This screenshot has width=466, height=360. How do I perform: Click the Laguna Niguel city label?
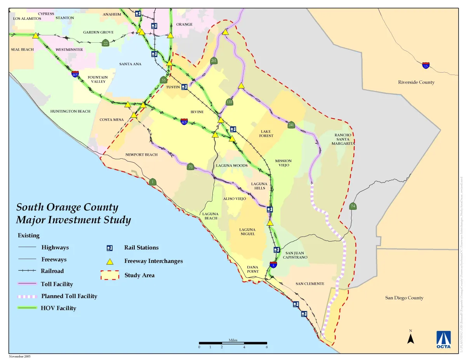click(x=247, y=231)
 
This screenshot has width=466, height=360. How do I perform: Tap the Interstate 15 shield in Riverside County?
click(x=426, y=65)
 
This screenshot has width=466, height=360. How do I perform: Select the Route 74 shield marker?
click(x=353, y=206)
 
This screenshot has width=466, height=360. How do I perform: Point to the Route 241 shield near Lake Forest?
click(x=291, y=125)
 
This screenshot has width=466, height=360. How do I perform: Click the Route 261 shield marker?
click(x=214, y=61)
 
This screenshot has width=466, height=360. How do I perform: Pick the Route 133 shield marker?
click(x=229, y=102)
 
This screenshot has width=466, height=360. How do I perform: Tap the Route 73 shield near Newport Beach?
click(x=190, y=167)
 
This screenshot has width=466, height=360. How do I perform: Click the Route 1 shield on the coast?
click(x=153, y=182)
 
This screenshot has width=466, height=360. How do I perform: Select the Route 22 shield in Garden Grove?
click(x=105, y=43)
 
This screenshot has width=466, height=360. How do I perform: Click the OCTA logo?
click(x=443, y=339)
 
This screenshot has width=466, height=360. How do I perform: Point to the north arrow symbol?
click(x=410, y=338)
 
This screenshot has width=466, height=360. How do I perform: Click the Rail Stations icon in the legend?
click(x=110, y=248)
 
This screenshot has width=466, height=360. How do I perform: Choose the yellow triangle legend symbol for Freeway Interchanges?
click(x=110, y=261)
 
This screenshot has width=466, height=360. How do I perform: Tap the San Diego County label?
click(x=404, y=298)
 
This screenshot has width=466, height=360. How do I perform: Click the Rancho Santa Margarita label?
click(x=343, y=139)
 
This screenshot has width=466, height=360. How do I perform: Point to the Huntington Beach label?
click(x=70, y=111)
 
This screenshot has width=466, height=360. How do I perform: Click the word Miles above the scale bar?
click(x=233, y=340)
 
